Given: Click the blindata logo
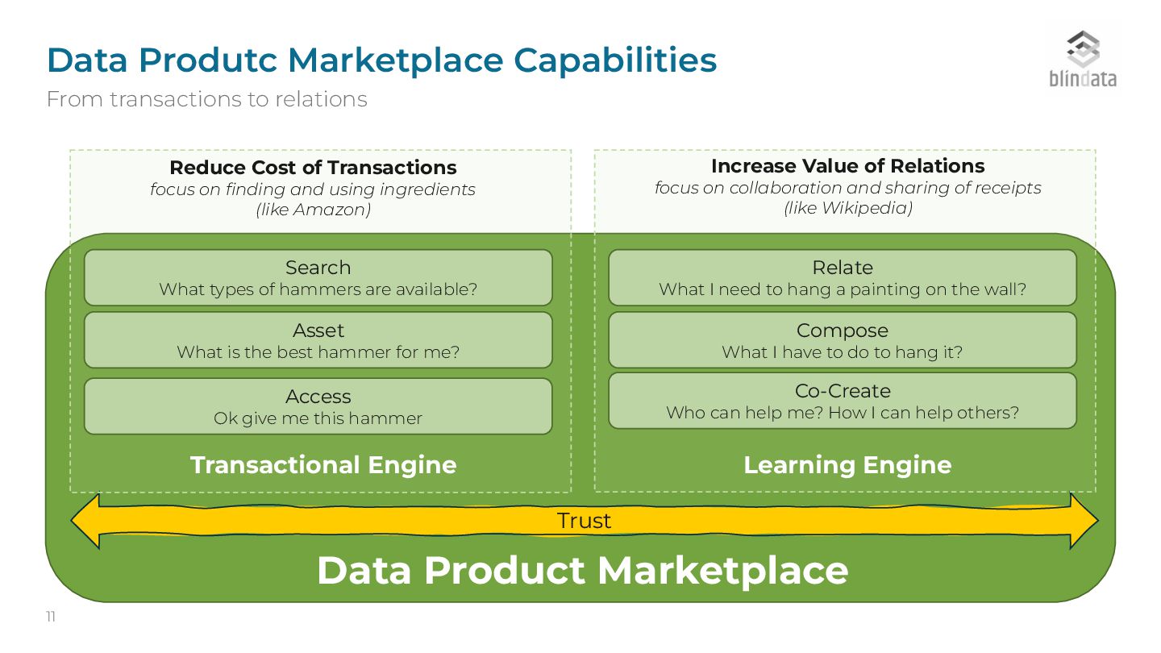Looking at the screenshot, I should click(1082, 59).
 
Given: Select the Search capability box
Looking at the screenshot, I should click(318, 277).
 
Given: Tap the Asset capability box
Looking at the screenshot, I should click(318, 340).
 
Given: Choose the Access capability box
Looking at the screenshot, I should click(318, 406).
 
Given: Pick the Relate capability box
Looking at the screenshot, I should click(842, 277).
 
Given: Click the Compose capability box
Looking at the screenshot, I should click(842, 340).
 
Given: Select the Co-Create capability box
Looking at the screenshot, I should click(842, 401).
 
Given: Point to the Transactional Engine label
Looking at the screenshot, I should click(323, 465).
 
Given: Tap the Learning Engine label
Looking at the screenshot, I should click(847, 465).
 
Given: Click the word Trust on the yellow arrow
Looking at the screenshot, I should click(584, 521).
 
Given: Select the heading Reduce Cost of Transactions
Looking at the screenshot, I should click(313, 168).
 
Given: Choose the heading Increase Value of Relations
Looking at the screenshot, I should click(847, 166).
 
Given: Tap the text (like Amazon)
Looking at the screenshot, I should click(313, 210).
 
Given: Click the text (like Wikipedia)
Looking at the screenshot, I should click(847, 208).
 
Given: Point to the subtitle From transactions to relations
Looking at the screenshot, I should click(206, 99).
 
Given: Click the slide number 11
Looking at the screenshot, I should click(51, 618).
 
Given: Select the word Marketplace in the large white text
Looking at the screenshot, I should click(722, 570).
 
